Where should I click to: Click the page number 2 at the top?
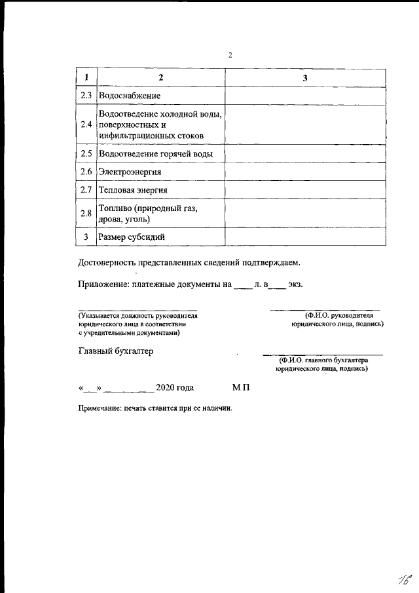coord(230,55)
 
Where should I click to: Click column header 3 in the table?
coord(305,79)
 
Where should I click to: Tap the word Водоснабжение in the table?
coord(130,96)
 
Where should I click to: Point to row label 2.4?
coord(86,124)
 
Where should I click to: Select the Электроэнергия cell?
coord(130,172)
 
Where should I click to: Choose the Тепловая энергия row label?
coord(133,190)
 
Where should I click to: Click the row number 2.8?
coord(86,213)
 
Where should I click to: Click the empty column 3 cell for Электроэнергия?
coord(305,172)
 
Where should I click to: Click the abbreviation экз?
coord(295,285)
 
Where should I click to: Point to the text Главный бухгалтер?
coord(115,351)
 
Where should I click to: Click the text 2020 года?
coord(174,388)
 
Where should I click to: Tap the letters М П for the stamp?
coord(241,388)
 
